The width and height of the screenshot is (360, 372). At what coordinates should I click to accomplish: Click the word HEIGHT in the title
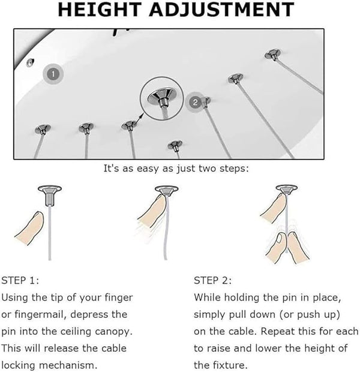click(100, 10)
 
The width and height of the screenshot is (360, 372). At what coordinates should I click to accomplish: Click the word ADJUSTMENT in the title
click(221, 10)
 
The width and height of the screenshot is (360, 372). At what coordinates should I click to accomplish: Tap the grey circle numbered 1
click(53, 74)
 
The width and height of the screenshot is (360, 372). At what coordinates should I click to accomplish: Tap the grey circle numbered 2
click(195, 102)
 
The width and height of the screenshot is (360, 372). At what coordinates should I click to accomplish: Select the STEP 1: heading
click(20, 281)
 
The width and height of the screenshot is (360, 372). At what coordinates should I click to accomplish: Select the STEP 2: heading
click(212, 281)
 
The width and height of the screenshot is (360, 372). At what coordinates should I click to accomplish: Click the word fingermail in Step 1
click(38, 315)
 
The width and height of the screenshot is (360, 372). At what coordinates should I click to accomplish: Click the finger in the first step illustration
click(29, 228)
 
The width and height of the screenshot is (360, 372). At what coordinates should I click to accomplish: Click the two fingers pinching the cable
click(287, 248)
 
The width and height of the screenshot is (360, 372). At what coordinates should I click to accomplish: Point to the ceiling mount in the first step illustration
click(50, 195)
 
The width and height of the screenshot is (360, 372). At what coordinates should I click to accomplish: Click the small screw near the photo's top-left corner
click(30, 62)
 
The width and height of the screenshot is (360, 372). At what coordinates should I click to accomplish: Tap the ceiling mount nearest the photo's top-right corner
click(273, 55)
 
